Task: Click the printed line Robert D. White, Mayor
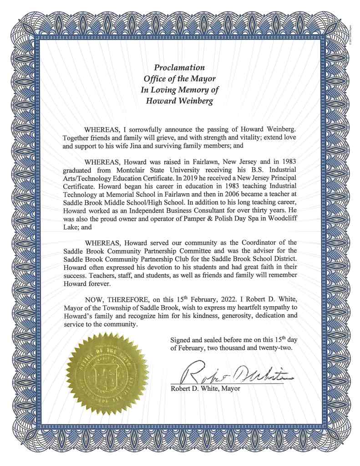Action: pos(205,389)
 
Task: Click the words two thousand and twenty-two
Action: pos(250,348)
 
